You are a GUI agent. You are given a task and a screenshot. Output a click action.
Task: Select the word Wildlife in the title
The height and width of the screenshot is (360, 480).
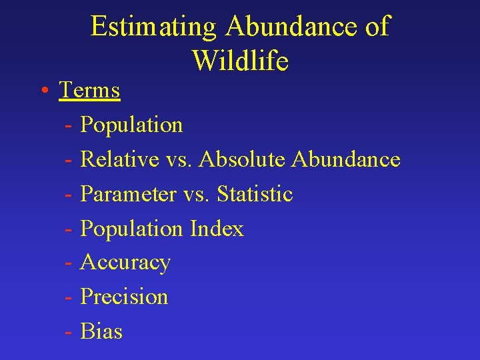240,61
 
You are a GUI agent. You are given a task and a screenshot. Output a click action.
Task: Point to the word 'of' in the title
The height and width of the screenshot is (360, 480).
377,27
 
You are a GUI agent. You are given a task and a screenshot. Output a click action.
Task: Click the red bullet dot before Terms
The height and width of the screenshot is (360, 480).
43,91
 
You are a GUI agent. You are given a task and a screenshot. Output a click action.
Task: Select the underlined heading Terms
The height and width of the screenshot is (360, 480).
89,90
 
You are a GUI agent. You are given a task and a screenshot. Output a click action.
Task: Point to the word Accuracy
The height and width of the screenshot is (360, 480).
125,263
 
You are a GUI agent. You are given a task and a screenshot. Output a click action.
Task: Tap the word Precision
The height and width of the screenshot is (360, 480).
124,297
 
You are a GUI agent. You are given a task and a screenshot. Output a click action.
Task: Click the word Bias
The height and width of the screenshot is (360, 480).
101,331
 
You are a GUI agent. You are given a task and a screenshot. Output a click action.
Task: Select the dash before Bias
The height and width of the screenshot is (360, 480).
69,332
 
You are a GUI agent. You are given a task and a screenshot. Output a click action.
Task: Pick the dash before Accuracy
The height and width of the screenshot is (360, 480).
69,263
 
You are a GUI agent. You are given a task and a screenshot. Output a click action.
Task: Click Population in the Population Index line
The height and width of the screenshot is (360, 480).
131,229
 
